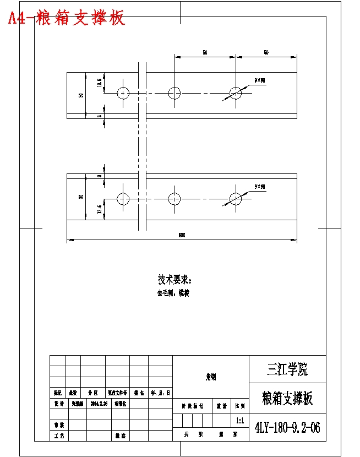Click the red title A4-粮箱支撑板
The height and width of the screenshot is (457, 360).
(x=67, y=18)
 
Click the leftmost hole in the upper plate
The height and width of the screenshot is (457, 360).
(x=123, y=93)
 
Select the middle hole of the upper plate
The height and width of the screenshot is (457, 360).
(x=174, y=93)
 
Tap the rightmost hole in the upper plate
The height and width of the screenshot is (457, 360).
(x=236, y=93)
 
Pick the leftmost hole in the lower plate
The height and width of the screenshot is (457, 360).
(x=123, y=198)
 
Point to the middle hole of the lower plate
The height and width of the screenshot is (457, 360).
(x=174, y=198)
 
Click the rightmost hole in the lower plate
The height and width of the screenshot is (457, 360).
(x=236, y=198)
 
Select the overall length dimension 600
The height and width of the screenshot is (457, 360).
(x=182, y=236)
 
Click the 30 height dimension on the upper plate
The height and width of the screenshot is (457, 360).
(x=81, y=95)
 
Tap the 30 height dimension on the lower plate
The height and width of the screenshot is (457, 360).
(x=81, y=197)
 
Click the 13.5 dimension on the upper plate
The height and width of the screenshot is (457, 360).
(x=100, y=83)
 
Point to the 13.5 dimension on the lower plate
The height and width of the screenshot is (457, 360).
(x=100, y=209)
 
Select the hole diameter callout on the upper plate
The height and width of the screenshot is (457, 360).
(x=259, y=80)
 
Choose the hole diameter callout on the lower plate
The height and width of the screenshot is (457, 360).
(x=259, y=187)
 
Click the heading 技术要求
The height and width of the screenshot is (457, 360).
(x=175, y=279)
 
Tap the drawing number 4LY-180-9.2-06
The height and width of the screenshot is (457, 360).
(x=287, y=428)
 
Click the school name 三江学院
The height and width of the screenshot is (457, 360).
(x=287, y=369)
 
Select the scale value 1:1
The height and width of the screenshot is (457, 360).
(x=240, y=421)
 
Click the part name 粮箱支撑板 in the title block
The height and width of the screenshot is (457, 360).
(x=287, y=398)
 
